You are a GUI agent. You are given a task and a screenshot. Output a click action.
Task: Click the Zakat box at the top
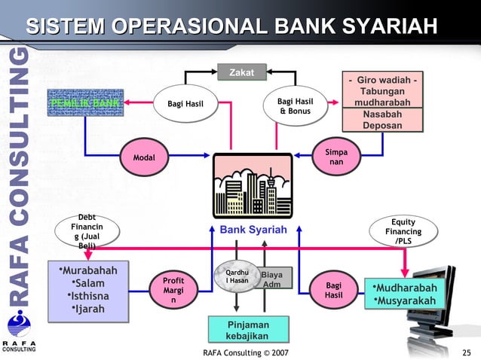[x=241, y=72]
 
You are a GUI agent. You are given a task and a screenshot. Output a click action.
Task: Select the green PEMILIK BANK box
[x=84, y=102]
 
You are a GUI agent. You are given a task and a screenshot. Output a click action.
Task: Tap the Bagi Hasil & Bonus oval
[x=301, y=106]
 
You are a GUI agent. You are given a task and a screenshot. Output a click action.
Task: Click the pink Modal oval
[x=143, y=157]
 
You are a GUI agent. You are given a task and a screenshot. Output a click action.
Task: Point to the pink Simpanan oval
[x=336, y=157]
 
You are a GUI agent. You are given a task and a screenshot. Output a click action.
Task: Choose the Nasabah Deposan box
[x=382, y=120]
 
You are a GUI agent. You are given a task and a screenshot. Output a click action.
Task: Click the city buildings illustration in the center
[x=253, y=185]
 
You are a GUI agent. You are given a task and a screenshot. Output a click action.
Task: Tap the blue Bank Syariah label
[x=253, y=229]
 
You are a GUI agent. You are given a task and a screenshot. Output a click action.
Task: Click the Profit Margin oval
[x=173, y=290]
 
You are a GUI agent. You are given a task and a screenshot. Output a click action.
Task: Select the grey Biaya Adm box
[x=271, y=279]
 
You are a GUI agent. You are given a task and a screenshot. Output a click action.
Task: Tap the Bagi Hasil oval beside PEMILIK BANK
[x=185, y=103]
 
